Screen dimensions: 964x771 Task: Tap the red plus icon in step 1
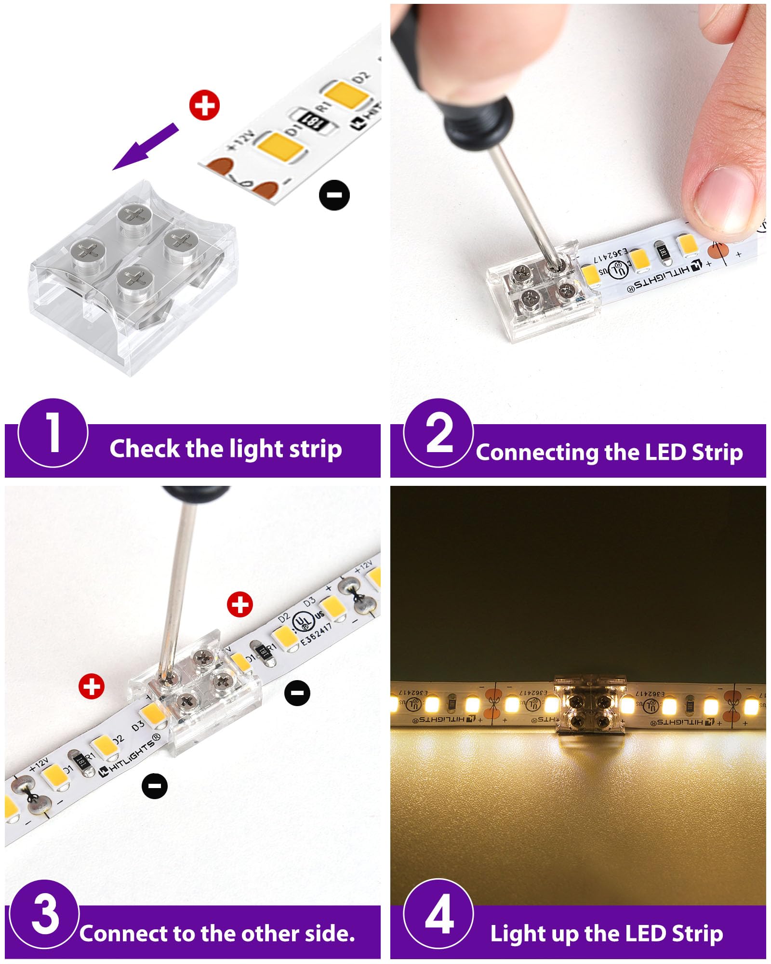tap(204, 106)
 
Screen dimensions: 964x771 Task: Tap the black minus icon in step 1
tap(334, 195)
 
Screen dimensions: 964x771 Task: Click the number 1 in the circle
tap(53, 433)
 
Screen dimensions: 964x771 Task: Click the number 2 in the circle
tap(439, 433)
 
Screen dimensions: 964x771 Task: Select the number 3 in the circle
tap(45, 914)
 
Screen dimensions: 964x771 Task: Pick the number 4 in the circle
tap(439, 914)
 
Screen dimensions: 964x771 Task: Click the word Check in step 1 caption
tap(144, 449)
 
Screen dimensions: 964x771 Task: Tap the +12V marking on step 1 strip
tap(240, 140)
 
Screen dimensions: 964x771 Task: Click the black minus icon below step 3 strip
tap(155, 785)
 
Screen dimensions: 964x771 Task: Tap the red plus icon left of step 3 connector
tap(92, 686)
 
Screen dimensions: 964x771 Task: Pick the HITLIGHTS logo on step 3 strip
tap(129, 756)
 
